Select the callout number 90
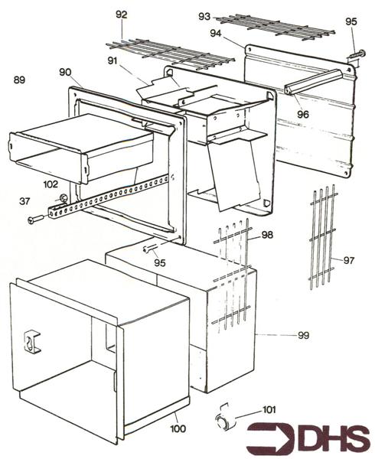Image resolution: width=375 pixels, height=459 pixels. pyautogui.click(x=65, y=72)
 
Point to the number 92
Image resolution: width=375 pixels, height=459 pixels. pyautogui.click(x=122, y=15)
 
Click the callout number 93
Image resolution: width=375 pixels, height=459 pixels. pyautogui.click(x=204, y=15)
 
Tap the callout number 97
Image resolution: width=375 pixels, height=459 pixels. pyautogui.click(x=348, y=261)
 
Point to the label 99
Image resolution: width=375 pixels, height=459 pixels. pyautogui.click(x=305, y=335)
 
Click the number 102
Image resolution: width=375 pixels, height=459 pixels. pyautogui.click(x=51, y=184)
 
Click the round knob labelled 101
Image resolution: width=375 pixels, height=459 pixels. pyautogui.click(x=222, y=422)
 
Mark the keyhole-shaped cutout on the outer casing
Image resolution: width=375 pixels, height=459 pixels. pyautogui.click(x=32, y=341)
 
